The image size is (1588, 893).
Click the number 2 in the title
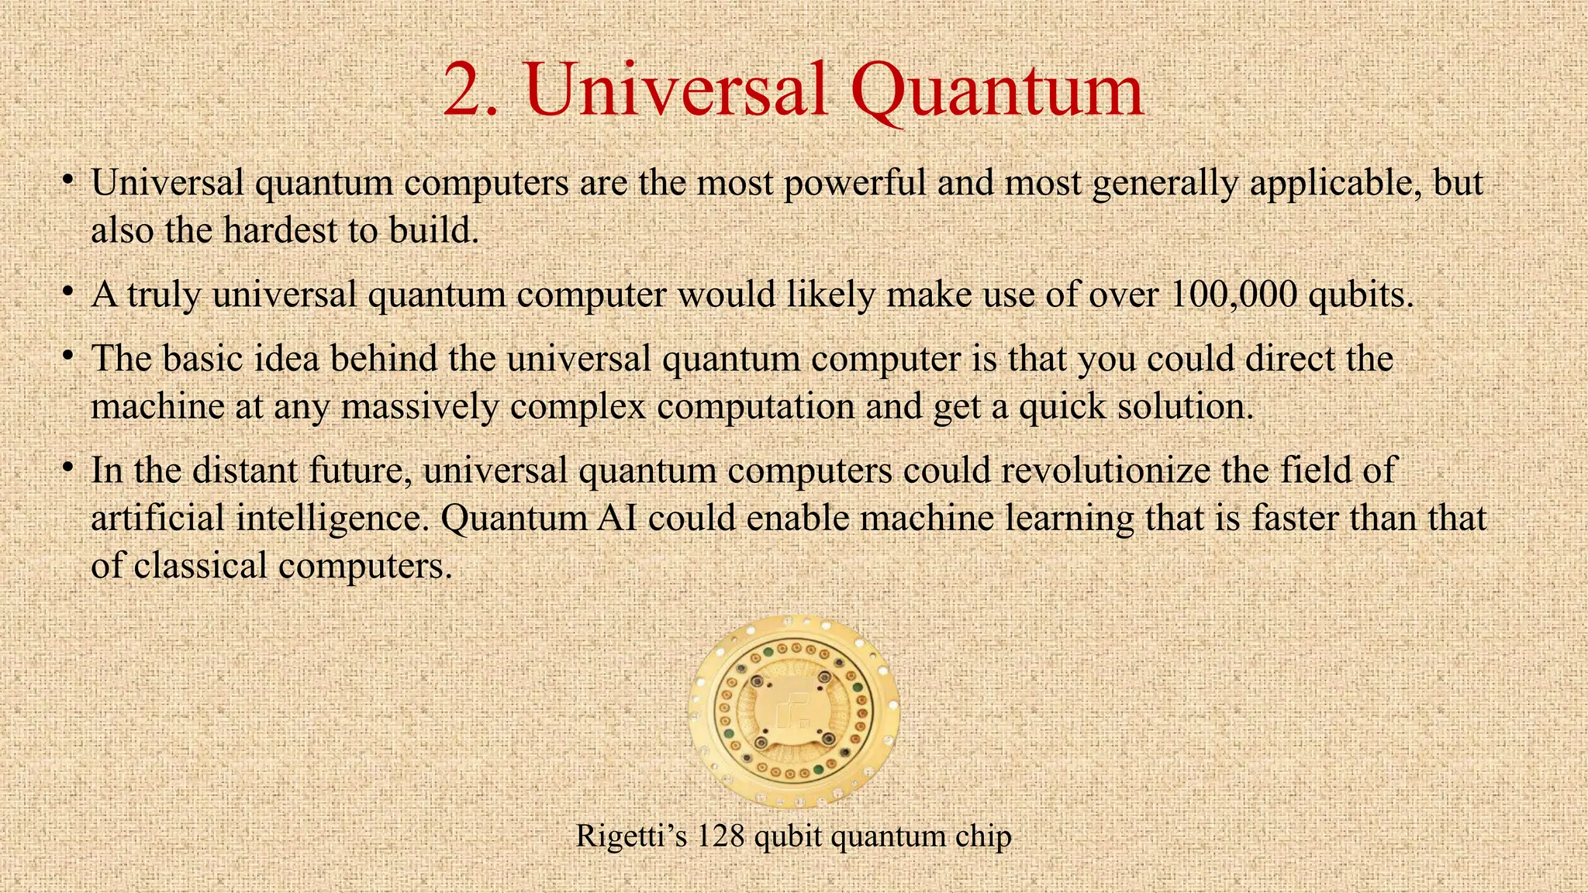pos(463,91)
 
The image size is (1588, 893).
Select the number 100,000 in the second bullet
pos(1232,295)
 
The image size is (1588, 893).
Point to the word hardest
pos(280,230)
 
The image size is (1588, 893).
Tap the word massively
pos(419,406)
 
